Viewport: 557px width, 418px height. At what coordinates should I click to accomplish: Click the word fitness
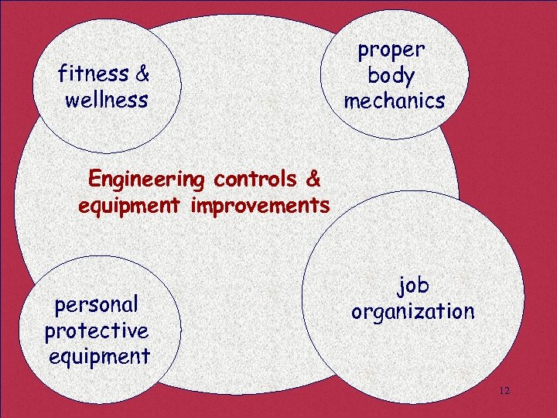tap(93, 74)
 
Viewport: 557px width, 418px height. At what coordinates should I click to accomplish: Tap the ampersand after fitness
tap(142, 74)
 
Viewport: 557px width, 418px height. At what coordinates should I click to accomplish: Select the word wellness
tap(107, 100)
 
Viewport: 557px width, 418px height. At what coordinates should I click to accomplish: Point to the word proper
tap(391, 51)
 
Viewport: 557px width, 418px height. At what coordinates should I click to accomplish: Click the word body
tap(391, 76)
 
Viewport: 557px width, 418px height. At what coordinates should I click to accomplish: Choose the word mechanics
tap(395, 101)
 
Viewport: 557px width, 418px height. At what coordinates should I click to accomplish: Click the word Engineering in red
tap(145, 180)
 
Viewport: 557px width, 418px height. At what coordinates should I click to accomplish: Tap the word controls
tap(255, 180)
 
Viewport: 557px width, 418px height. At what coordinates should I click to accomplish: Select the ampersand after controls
tap(313, 180)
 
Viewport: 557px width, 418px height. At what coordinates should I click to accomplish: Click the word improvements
tap(262, 207)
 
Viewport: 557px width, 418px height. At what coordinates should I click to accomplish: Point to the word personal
tap(96, 304)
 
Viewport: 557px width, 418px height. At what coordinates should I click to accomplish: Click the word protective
tap(97, 331)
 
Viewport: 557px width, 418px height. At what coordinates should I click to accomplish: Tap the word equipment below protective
tap(99, 357)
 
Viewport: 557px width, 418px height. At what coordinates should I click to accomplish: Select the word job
tap(413, 286)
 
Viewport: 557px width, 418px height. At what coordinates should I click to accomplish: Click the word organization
tap(413, 312)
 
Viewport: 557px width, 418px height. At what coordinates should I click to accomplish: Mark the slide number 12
tap(504, 391)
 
